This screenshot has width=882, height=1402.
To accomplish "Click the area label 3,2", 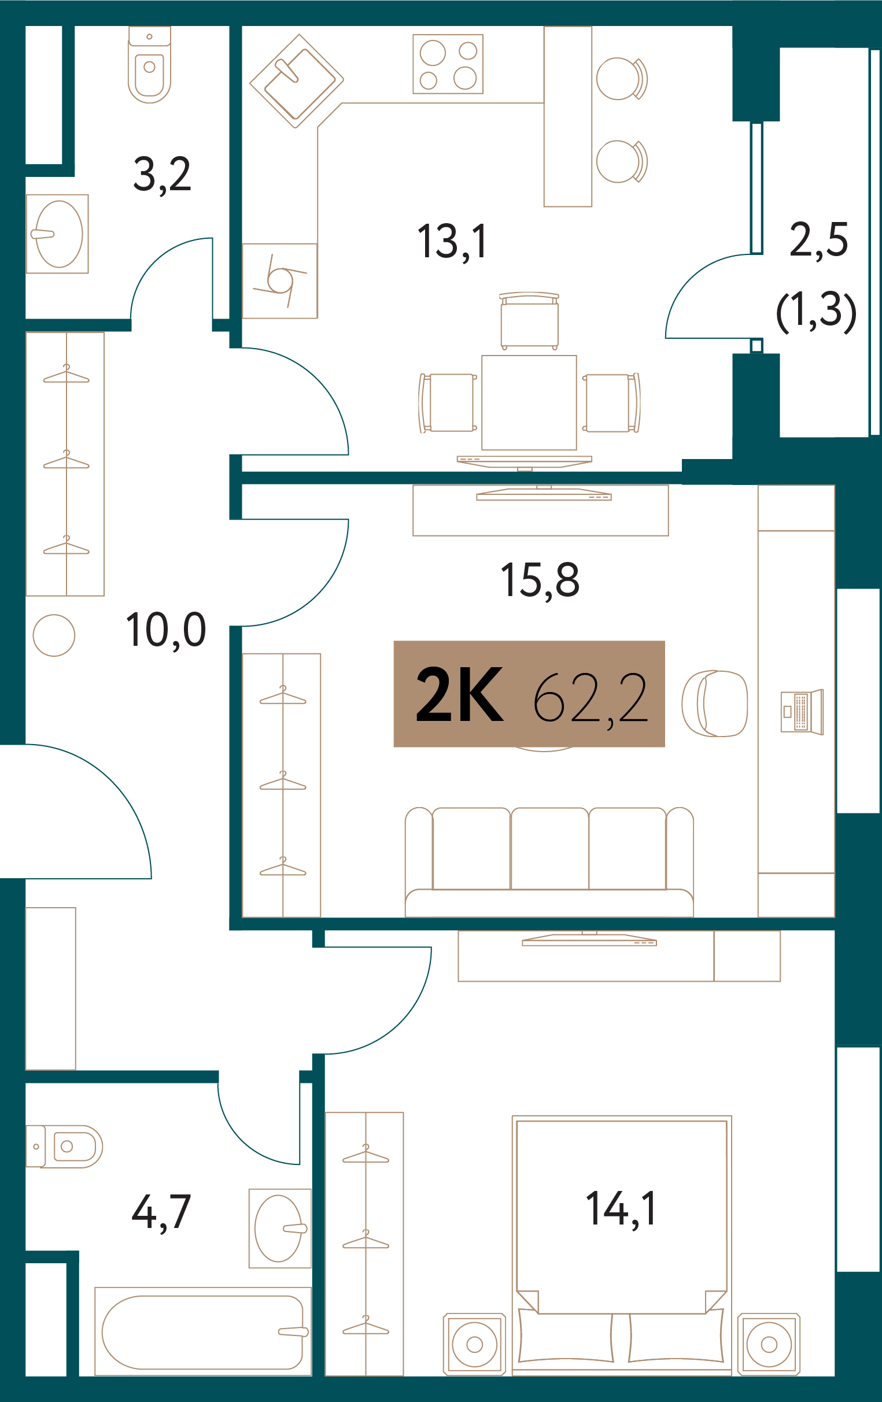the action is click(x=162, y=175).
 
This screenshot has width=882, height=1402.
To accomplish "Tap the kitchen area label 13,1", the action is click(x=453, y=242).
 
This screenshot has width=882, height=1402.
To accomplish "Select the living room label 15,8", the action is click(x=540, y=580).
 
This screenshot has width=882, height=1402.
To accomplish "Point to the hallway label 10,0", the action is click(x=166, y=630).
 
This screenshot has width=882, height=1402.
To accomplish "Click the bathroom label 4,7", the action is click(x=161, y=1212).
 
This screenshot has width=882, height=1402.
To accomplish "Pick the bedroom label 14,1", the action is click(x=622, y=1209).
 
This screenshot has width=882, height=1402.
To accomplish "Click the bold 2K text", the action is click(x=459, y=694).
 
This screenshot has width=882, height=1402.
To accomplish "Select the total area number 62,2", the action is click(x=590, y=697).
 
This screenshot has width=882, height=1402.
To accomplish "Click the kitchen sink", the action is click(x=297, y=81).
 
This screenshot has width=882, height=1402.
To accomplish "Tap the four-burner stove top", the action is click(x=448, y=64).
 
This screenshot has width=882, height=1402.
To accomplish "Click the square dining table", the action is click(x=529, y=403).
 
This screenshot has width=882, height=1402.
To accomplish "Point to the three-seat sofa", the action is click(x=549, y=861).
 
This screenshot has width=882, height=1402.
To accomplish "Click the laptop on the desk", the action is click(x=802, y=712).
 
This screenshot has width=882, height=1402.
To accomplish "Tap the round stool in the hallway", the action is click(x=54, y=635).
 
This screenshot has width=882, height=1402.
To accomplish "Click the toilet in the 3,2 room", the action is click(x=150, y=65).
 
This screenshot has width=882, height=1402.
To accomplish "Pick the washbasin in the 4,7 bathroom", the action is click(x=280, y=1228).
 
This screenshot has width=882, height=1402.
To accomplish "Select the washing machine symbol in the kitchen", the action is click(x=279, y=280).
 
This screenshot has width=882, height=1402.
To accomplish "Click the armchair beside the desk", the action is click(x=715, y=704).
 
